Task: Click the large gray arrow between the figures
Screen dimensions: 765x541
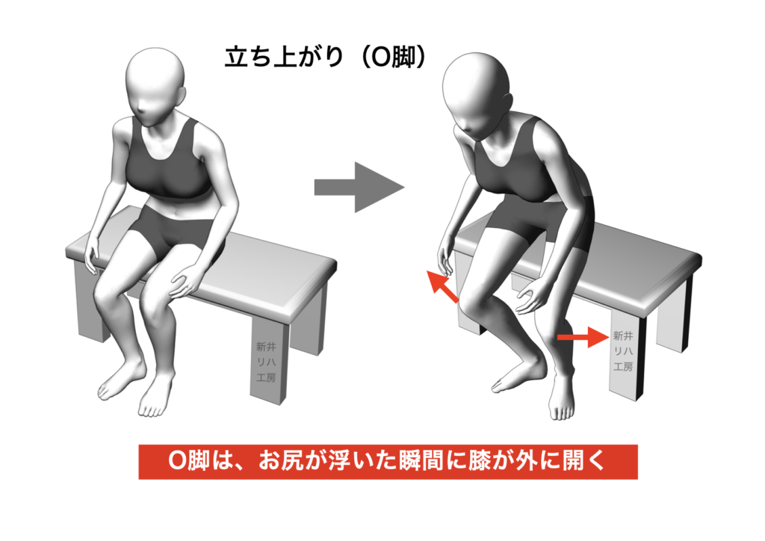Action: (x=359, y=188)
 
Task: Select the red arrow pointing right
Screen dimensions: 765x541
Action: (x=583, y=337)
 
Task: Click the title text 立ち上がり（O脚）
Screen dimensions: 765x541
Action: (x=326, y=58)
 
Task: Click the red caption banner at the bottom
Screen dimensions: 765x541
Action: (x=388, y=462)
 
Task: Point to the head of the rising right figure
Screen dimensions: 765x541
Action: (x=477, y=96)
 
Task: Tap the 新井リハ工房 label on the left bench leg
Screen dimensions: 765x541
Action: (x=266, y=362)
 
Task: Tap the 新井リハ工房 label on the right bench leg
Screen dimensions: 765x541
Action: (x=623, y=351)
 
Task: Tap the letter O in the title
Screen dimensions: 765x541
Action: (x=379, y=58)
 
